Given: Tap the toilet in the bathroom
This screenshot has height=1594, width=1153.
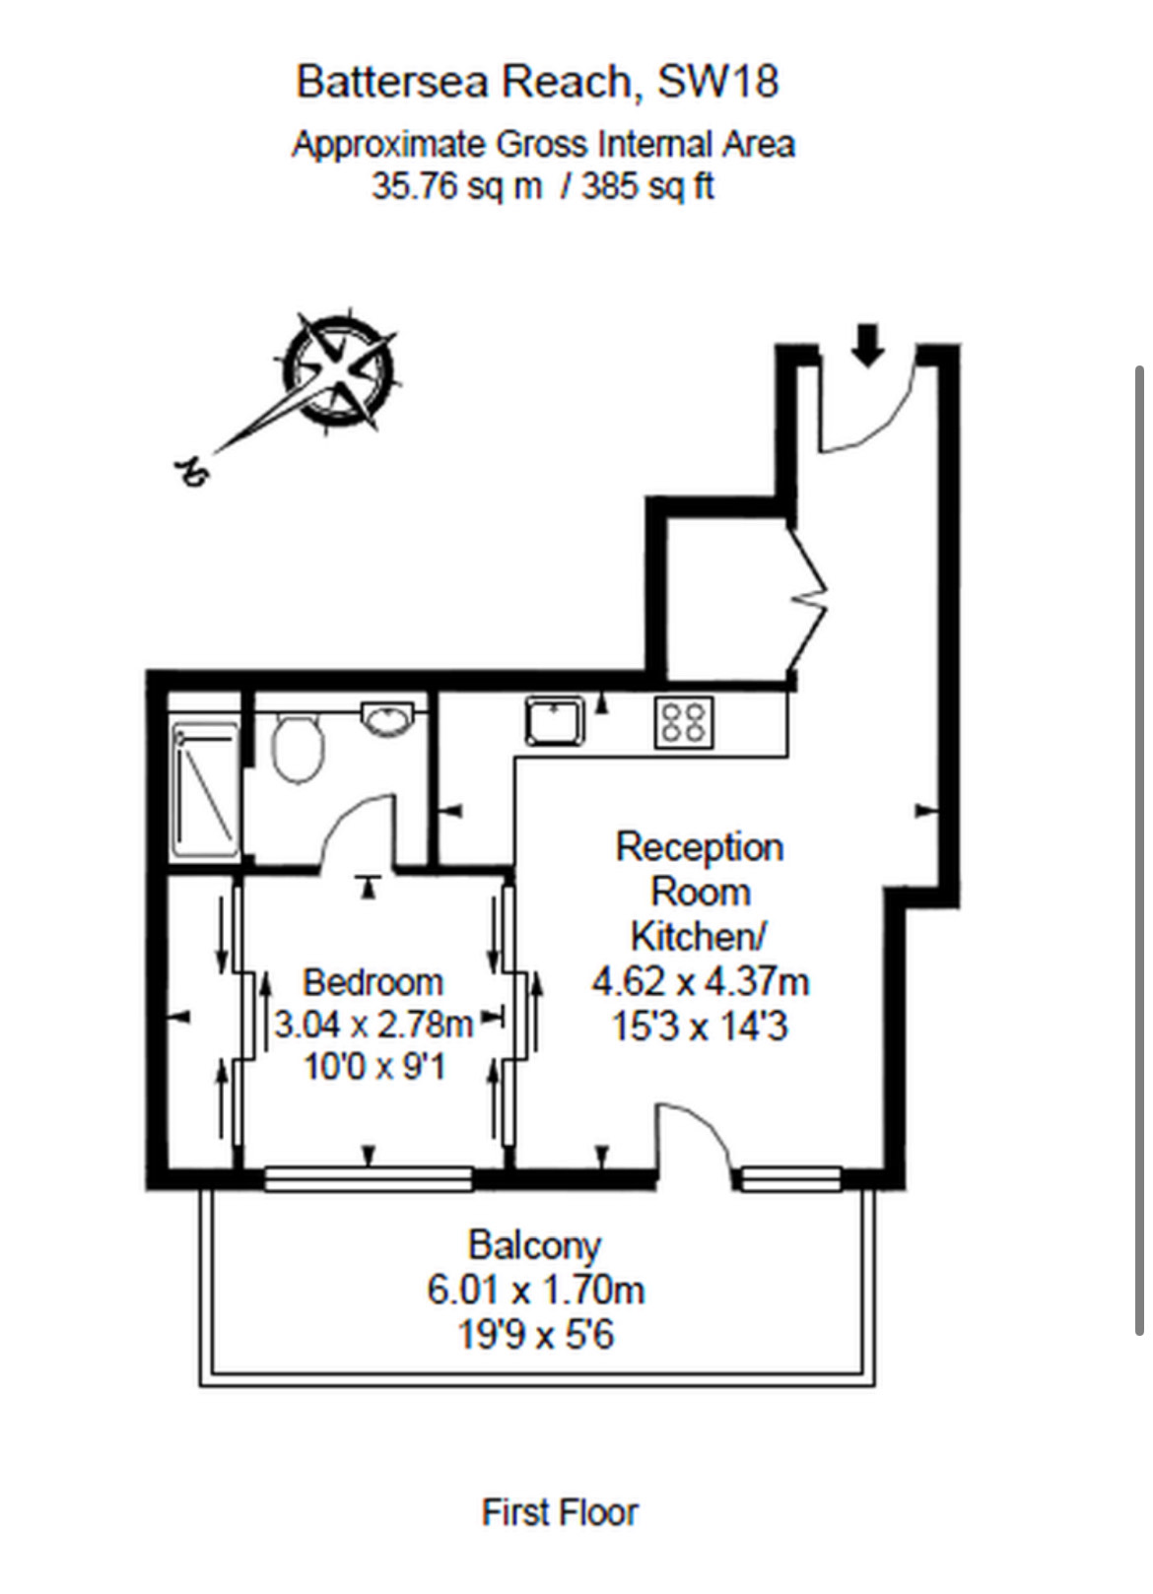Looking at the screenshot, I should coord(297,747).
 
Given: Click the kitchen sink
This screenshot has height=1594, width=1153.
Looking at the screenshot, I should coord(555,720).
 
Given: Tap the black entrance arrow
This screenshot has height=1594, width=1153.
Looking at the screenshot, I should coord(867,345).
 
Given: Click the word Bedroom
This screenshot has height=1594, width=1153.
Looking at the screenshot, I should coord(373,982).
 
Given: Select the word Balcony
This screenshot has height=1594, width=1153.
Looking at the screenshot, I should coord(534,1245).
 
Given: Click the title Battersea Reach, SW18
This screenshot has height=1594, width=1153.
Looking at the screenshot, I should coord(537,81).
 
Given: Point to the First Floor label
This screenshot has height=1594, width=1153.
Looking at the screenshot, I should coord(560,1512).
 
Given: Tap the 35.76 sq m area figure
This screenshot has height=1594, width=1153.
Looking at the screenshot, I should coord(456,185).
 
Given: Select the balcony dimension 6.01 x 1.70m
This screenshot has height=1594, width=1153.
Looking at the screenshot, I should coord(535,1290).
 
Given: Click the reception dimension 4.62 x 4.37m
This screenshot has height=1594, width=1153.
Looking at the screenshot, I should coord(700,981).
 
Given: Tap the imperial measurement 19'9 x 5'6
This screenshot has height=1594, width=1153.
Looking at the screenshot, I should coord(535,1335).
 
